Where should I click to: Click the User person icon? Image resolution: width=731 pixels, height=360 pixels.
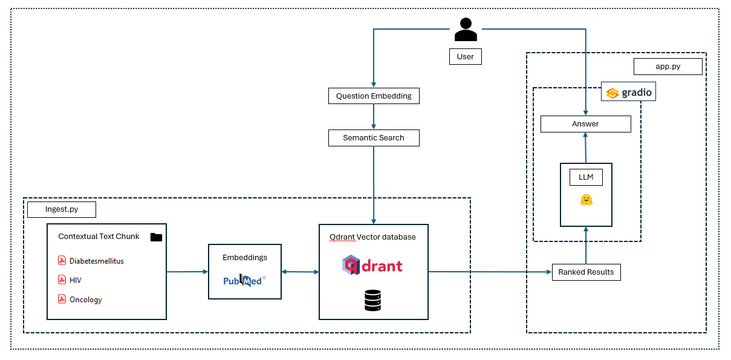[x=466, y=30]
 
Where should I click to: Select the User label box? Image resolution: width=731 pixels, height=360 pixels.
[x=465, y=57]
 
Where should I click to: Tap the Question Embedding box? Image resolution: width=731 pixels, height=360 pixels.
[x=374, y=96]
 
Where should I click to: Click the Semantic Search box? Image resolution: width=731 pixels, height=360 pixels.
[x=374, y=138]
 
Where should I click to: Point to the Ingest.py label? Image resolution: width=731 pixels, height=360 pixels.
[x=62, y=210]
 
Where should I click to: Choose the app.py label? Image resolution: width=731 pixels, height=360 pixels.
[x=668, y=67]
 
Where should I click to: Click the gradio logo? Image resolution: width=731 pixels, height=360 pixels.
[x=629, y=93]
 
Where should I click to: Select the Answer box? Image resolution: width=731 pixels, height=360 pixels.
[x=585, y=124]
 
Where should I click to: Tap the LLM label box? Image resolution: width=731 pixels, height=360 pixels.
[x=586, y=178]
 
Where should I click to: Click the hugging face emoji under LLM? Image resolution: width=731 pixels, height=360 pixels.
[x=586, y=200]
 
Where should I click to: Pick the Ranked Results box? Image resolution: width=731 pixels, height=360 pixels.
[x=586, y=272]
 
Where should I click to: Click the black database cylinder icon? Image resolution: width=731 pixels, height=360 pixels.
[x=373, y=300]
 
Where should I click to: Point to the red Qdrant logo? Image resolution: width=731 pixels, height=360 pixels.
[x=372, y=266]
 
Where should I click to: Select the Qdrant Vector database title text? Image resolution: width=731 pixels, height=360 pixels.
[x=372, y=237]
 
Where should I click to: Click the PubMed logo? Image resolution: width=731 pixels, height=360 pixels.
[x=244, y=280]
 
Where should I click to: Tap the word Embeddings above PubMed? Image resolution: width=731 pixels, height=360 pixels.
[x=245, y=257]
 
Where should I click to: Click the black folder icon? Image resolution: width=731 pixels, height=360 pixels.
[x=156, y=237]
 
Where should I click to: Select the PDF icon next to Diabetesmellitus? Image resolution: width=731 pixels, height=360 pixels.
[x=62, y=261]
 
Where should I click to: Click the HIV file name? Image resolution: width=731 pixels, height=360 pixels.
[x=76, y=280]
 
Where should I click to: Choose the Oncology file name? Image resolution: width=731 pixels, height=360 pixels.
[x=86, y=299]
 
